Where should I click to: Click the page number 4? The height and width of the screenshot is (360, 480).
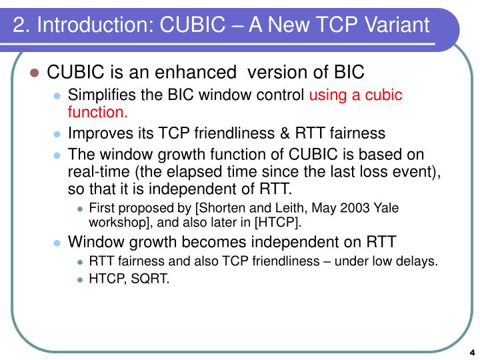coord(471,353)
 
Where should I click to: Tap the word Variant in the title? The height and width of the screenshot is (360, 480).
coord(396,26)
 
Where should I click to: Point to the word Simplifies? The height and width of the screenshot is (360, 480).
coord(102,95)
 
